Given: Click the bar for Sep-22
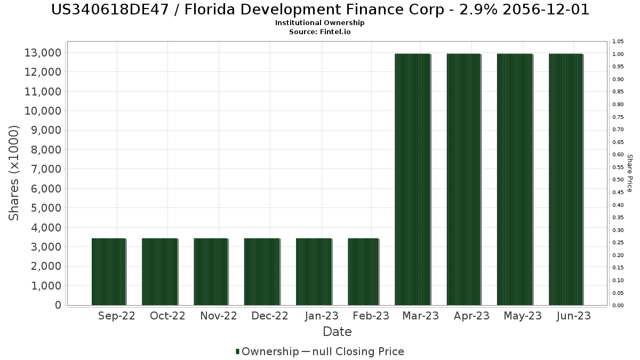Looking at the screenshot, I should (109, 271).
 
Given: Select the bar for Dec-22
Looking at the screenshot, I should (262, 271).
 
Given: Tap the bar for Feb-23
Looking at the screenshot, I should (363, 271).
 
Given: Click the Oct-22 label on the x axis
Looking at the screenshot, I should (167, 316).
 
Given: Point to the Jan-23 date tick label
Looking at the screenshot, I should (321, 316).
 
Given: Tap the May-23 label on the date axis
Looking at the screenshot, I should (523, 316).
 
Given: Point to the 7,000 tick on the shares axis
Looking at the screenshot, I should (43, 169).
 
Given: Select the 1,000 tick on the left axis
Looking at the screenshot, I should (43, 285).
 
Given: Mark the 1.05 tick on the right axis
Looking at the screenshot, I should (619, 42).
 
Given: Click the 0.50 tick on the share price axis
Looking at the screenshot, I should (619, 180).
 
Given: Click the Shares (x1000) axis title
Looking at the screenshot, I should (14, 173).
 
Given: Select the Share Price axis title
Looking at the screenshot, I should (629, 173).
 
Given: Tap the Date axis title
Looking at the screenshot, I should (337, 332).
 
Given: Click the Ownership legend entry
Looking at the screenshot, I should (267, 351).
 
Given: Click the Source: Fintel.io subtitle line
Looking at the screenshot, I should (320, 31).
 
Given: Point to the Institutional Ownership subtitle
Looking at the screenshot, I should (320, 23).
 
